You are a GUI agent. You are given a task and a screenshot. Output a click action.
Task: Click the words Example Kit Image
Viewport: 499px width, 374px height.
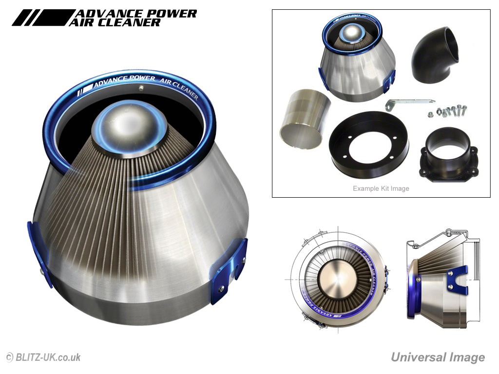click(381, 188)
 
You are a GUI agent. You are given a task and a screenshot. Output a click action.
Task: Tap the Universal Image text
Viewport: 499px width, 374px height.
click(438, 357)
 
